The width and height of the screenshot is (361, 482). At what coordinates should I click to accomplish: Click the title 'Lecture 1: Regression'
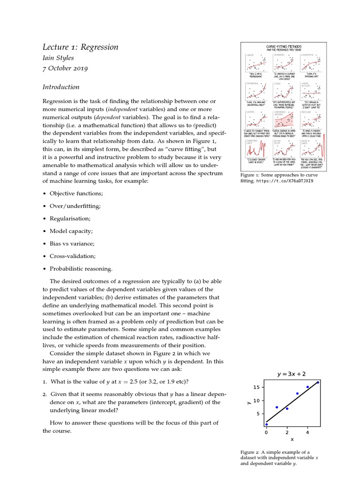click(80, 47)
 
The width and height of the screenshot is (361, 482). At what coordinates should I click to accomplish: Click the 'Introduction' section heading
click(61, 87)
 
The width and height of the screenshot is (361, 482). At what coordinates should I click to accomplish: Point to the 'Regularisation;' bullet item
click(70, 218)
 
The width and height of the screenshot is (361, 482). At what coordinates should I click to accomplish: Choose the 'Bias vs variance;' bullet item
click(72, 243)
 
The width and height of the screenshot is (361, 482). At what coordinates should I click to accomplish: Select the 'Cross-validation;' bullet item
click(72, 256)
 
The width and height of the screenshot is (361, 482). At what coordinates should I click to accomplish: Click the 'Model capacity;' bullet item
click(71, 231)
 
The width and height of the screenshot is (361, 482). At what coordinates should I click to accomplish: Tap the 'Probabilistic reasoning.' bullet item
click(81, 269)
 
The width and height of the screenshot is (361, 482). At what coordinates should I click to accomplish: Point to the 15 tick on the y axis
click(256, 387)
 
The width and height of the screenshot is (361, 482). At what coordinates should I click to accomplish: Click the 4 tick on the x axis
click(307, 432)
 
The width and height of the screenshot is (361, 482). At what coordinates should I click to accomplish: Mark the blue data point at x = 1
click(277, 407)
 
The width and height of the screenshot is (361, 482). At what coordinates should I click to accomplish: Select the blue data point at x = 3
click(297, 394)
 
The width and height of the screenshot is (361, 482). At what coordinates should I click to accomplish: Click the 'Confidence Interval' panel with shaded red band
click(283, 121)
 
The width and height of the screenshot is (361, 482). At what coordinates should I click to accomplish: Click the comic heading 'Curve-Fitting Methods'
click(283, 47)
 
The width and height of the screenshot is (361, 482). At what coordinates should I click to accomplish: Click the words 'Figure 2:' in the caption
click(251, 452)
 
